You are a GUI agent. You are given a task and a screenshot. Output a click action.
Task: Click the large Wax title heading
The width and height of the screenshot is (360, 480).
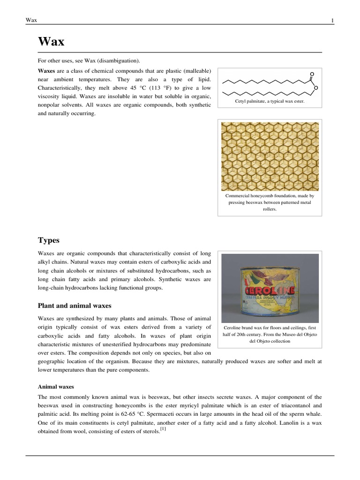point(51,42)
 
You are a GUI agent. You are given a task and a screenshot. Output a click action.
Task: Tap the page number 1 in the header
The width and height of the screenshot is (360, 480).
point(332,20)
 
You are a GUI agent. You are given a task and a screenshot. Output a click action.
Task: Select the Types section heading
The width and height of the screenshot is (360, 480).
point(48,240)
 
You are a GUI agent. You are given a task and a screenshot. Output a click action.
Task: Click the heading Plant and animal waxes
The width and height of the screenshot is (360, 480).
point(75,306)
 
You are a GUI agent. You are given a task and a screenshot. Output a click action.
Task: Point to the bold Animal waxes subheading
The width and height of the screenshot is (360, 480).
point(55,387)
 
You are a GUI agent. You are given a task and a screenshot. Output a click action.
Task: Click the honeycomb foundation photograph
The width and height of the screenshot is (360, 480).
point(270,156)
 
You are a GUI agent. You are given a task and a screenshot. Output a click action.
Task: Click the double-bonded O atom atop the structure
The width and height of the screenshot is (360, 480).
point(312,74)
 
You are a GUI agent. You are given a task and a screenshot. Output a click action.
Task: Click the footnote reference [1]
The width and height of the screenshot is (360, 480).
point(163,429)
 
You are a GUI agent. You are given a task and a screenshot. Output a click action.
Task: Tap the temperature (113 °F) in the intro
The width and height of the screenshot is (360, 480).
point(163,88)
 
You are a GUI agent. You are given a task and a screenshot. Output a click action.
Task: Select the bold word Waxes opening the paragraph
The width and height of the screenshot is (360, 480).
point(46,70)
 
